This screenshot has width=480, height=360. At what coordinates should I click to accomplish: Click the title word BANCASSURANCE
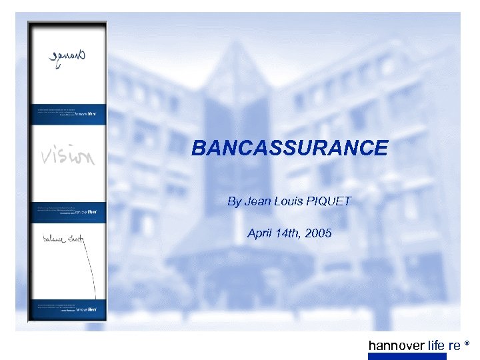pos(289,148)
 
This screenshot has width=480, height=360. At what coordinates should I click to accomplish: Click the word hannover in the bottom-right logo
pos(396,345)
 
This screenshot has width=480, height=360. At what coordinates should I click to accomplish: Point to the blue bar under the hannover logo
pos(407,356)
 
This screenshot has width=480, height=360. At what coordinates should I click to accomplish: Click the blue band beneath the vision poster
pos(67,212)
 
